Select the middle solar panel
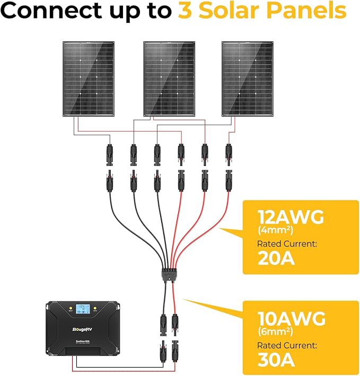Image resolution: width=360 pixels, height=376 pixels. click(x=169, y=78)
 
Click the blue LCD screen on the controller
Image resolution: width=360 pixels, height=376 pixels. click(x=82, y=309)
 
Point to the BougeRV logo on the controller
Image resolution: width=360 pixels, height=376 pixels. click(x=82, y=329)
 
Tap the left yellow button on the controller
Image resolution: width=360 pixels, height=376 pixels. click(x=68, y=308)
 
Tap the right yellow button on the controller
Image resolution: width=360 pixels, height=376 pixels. click(x=95, y=308)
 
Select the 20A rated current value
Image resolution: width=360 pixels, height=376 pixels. click(x=276, y=259)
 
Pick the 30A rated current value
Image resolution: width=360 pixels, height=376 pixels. click(x=277, y=361)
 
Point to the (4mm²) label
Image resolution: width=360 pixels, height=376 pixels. click(x=276, y=231)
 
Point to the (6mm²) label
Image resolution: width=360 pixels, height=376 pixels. click(x=276, y=331)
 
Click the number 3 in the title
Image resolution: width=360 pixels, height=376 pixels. click(x=185, y=11)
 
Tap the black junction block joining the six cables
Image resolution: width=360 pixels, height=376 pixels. click(x=168, y=276)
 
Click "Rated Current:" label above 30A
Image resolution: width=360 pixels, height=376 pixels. click(x=287, y=346)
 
